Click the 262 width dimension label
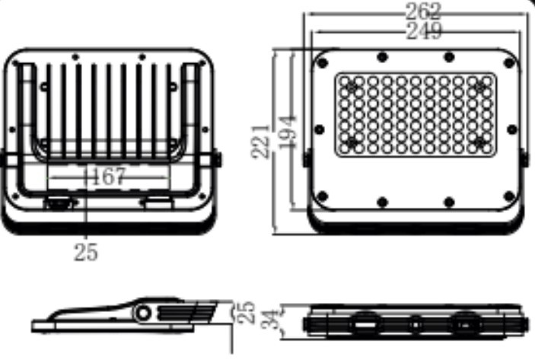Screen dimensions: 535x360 (423, 11)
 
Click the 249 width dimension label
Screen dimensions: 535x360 (424, 31)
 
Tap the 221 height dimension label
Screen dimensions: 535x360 (260, 142)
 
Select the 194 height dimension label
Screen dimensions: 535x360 (287, 132)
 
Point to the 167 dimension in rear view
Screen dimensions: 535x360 (109, 177)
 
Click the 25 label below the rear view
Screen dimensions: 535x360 (86, 252)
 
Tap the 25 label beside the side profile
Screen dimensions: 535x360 (246, 312)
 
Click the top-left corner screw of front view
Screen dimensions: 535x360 (322, 62)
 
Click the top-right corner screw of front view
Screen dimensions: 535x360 (508, 62)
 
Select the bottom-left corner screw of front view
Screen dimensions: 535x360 (322, 196)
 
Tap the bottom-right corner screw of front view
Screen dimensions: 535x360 (508, 196)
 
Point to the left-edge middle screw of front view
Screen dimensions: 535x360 (319, 129)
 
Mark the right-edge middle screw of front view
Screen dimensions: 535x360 (512, 129)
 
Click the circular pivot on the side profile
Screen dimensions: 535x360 (143, 313)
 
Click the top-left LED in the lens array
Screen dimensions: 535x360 (345, 81)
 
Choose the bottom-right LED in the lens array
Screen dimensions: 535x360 (487, 148)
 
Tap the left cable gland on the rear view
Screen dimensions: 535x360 (59, 202)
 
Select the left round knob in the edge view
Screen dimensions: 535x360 (365, 323)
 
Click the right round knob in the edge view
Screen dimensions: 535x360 (465, 323)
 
